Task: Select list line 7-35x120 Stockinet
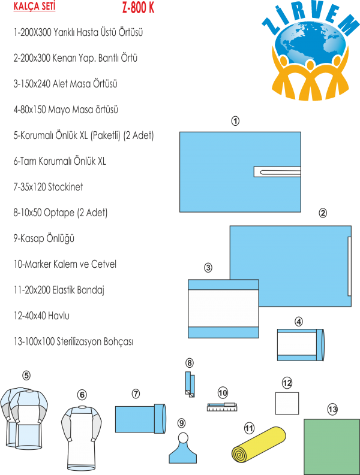point(49,187)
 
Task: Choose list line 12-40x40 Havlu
point(40,316)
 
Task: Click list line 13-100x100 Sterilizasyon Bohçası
point(73,341)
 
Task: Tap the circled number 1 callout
point(235,122)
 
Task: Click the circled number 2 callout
point(323,213)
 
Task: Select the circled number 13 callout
point(332,409)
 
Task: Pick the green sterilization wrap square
point(332,446)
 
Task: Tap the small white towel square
point(287,403)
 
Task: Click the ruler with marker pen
point(222,408)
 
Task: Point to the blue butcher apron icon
point(183,450)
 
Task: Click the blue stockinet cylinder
point(139,418)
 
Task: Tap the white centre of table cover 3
point(223,308)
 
